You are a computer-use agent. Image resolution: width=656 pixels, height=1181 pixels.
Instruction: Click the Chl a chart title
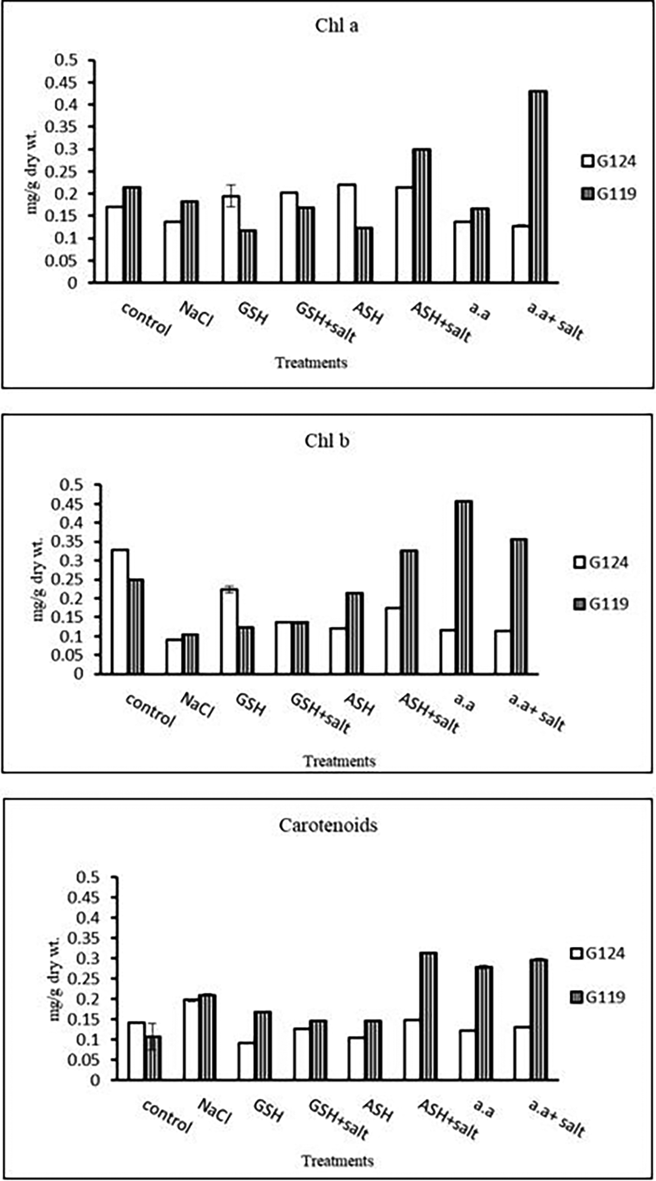click(x=337, y=27)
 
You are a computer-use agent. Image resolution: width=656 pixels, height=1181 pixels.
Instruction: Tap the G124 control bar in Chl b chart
click(x=120, y=612)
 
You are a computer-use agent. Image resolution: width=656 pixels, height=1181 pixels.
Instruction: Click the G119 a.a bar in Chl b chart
click(x=463, y=587)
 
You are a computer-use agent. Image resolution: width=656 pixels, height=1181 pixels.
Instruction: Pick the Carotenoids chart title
click(x=328, y=825)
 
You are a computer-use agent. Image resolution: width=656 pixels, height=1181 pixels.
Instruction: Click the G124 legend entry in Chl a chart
click(x=609, y=161)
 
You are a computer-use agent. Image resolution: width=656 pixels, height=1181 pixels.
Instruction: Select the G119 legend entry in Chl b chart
click(x=601, y=604)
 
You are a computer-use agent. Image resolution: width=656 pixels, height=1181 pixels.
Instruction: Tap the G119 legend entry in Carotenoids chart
click(x=598, y=997)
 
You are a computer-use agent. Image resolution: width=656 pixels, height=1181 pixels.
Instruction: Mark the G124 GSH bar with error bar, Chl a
click(x=231, y=239)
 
